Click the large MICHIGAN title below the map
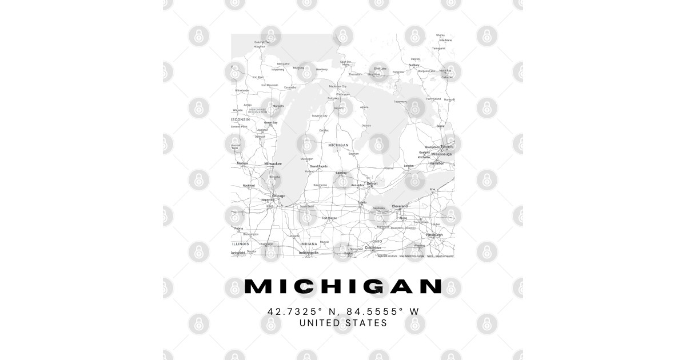tap(343, 286)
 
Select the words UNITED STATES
tap(343, 323)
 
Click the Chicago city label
tap(278, 196)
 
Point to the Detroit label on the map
tap(372, 183)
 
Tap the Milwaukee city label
tap(273, 163)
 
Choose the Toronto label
tap(446, 147)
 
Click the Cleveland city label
tap(400, 206)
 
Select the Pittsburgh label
tap(434, 235)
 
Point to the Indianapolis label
tap(308, 252)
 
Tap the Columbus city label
tap(373, 247)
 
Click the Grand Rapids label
tap(318, 166)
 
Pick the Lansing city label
tap(341, 172)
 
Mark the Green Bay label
tap(270, 122)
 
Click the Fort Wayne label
tap(329, 218)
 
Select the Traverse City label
tap(320, 115)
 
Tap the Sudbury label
tap(414, 65)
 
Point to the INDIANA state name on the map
tap(308, 244)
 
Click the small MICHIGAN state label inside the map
tap(338, 145)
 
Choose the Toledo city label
tap(362, 202)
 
